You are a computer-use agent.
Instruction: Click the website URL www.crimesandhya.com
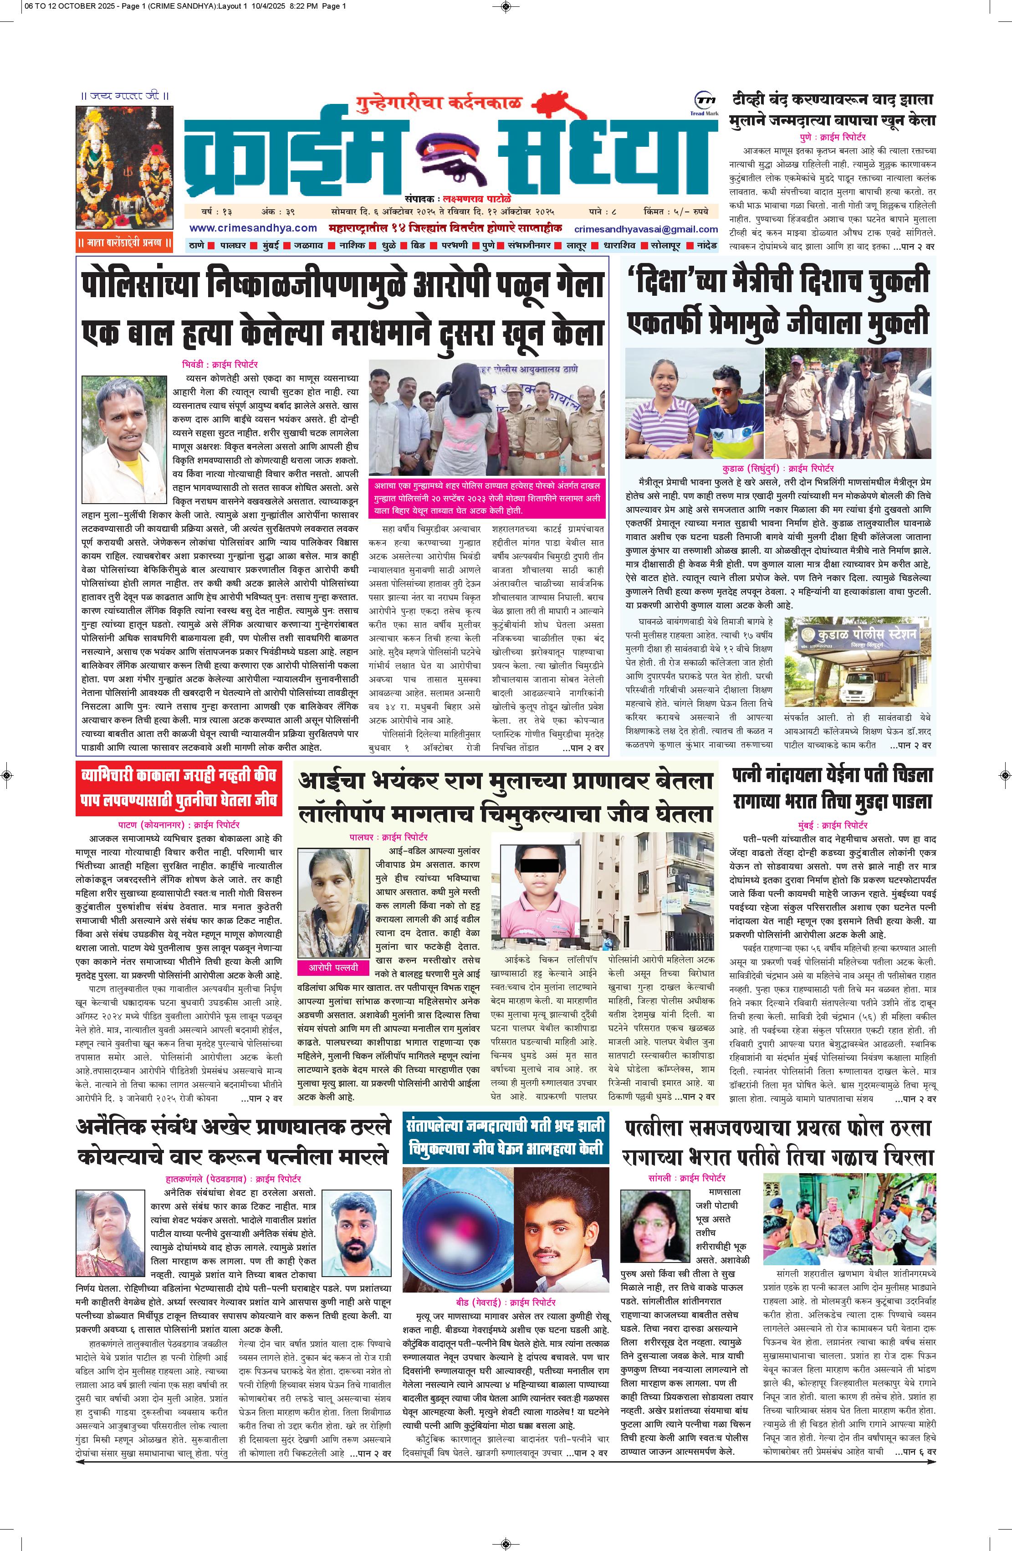click(x=253, y=228)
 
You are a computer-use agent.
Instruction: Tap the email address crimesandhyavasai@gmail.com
click(x=646, y=229)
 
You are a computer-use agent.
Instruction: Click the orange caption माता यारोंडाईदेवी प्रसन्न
click(x=124, y=244)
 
